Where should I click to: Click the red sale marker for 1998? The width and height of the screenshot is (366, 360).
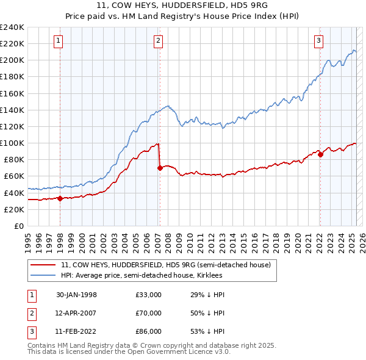pyautogui.click(x=60, y=198)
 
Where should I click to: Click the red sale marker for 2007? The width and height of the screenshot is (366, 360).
pyautogui.click(x=160, y=168)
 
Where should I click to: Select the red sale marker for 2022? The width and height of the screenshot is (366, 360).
pyautogui.click(x=320, y=154)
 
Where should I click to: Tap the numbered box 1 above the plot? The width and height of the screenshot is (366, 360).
pyautogui.click(x=59, y=41)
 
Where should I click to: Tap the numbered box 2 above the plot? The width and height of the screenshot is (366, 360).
pyautogui.click(x=158, y=41)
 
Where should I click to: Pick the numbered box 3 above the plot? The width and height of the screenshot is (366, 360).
pyautogui.click(x=318, y=41)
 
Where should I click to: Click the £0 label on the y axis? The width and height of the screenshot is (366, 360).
pyautogui.click(x=19, y=226)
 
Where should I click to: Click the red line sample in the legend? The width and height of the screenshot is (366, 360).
pyautogui.click(x=43, y=265)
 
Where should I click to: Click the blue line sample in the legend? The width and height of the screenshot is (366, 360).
pyautogui.click(x=43, y=275)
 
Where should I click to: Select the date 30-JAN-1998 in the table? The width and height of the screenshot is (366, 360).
pyautogui.click(x=76, y=295)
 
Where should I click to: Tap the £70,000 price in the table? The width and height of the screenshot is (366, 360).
pyautogui.click(x=148, y=313)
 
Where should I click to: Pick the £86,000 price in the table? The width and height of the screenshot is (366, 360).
pyautogui.click(x=148, y=331)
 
